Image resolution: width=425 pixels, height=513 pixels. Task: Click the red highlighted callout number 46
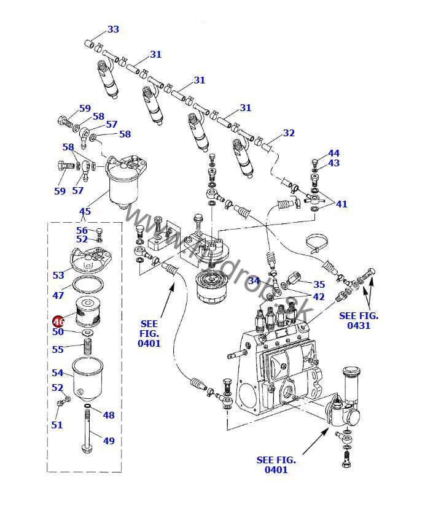pos(58,321)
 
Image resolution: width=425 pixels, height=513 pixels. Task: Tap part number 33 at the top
pos(113,29)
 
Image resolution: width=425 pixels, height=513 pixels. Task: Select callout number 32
pos(289,133)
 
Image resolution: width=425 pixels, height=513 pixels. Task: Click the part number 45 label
pos(85,212)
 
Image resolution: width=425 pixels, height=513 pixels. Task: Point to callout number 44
pos(333,153)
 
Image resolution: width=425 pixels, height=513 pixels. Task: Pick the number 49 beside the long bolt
pos(109,441)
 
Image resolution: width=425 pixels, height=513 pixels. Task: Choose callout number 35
pos(319,284)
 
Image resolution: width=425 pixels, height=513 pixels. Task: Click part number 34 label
pos(254,281)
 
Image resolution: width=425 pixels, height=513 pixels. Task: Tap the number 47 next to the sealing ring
pos(58,295)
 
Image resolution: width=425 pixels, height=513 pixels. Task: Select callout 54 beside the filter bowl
pos(58,372)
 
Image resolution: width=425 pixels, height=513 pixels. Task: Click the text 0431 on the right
pos(359,325)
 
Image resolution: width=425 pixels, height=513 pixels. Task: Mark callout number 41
pos(341,204)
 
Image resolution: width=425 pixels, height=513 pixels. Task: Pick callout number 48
pos(109,415)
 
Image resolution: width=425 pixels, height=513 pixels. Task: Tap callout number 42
pos(319,296)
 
